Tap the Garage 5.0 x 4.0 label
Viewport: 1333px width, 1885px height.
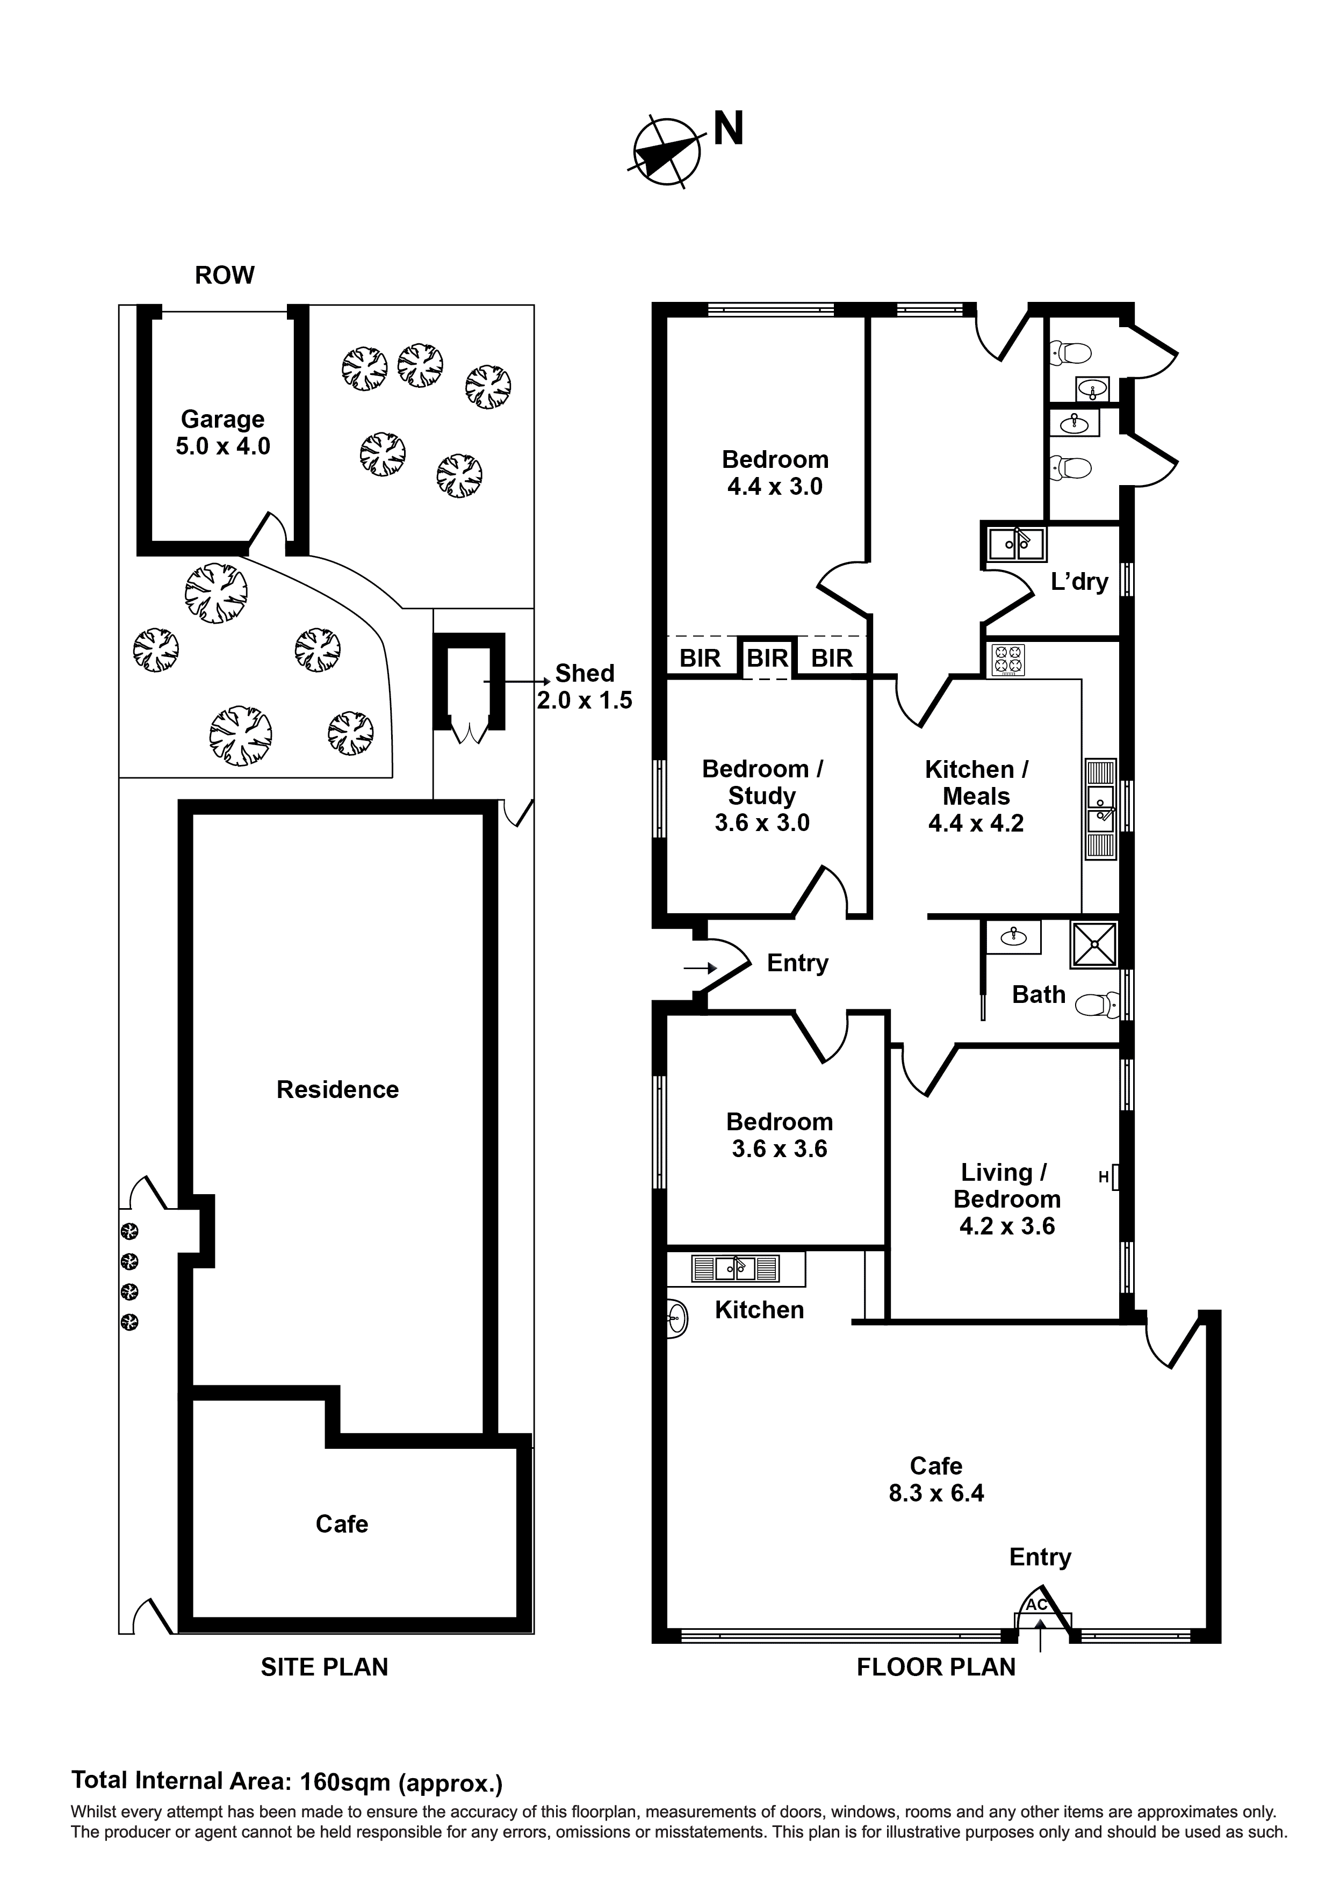tap(222, 432)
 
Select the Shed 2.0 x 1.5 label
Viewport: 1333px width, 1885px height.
tap(584, 687)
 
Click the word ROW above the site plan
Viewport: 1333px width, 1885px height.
tap(224, 275)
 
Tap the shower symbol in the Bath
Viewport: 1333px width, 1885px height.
tap(1094, 944)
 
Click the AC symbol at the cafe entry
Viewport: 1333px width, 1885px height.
tap(1036, 1604)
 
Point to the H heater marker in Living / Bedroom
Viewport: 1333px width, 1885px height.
tap(1104, 1178)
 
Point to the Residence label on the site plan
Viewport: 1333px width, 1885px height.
tap(337, 1089)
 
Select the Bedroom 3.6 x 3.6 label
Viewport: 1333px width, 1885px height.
tap(780, 1136)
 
